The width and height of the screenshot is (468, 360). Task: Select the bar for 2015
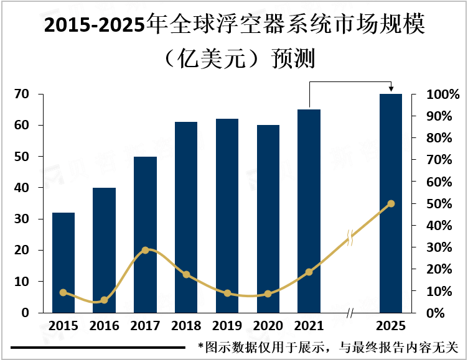(63, 262)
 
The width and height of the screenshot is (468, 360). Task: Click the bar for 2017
(145, 234)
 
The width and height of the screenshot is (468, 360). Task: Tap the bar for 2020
(268, 219)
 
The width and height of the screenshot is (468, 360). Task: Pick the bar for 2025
(391, 203)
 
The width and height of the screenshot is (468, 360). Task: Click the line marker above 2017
(145, 250)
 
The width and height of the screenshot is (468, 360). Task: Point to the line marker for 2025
(391, 203)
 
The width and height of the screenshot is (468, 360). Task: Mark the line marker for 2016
(104, 300)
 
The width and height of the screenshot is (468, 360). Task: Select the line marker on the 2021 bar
(309, 272)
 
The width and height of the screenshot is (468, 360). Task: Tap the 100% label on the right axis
(442, 95)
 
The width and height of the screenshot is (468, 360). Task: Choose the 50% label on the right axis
(442, 204)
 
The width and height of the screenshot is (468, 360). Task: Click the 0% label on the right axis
(442, 313)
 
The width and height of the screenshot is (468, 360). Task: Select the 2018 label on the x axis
(185, 326)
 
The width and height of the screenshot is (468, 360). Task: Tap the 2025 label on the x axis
(391, 326)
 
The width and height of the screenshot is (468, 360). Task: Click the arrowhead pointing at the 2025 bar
(391, 90)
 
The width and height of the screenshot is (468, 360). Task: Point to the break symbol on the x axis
(349, 313)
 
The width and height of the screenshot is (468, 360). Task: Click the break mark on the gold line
(350, 237)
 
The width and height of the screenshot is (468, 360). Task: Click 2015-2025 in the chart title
(93, 26)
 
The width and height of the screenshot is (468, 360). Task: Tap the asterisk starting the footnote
(200, 346)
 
